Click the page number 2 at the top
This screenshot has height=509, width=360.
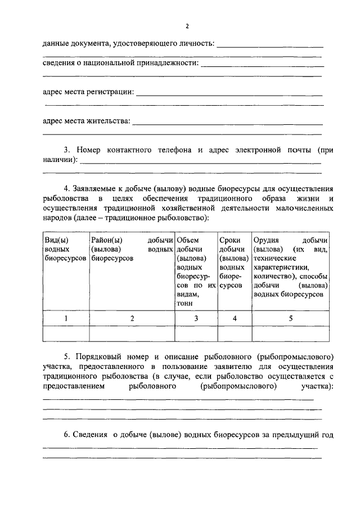click(x=187, y=27)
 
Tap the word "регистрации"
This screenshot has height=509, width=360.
click(x=112, y=92)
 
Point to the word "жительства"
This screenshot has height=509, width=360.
click(x=109, y=120)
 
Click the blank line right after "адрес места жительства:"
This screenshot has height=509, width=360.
click(x=227, y=123)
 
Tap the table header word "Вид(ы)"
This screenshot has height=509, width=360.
click(x=56, y=240)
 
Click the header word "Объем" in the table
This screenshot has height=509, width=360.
click(x=187, y=240)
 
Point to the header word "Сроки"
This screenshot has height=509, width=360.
click(x=229, y=240)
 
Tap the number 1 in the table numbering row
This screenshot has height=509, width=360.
click(x=65, y=318)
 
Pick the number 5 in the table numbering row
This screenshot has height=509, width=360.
click(x=291, y=318)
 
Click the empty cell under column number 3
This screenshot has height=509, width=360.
click(x=196, y=334)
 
